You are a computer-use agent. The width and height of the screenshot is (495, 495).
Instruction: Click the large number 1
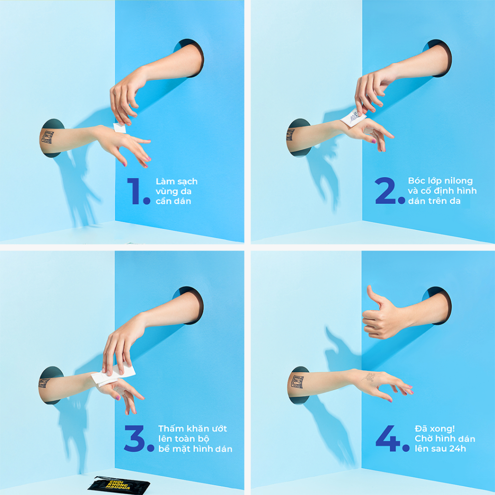click(x=134, y=190)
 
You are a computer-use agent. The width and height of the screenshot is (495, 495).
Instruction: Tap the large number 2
click(x=385, y=190)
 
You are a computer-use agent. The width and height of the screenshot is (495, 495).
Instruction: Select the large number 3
click(x=135, y=438)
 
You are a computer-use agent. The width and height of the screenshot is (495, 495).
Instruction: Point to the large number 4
click(x=388, y=438)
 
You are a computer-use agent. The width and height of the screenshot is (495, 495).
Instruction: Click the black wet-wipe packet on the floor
click(x=119, y=485)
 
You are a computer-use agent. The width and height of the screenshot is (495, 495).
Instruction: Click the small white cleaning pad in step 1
click(x=120, y=128)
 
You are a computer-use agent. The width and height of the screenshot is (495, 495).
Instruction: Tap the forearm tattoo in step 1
click(x=47, y=137)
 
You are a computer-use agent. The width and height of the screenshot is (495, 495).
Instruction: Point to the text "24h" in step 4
click(x=458, y=449)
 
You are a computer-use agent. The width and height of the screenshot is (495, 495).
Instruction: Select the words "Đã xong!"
click(x=435, y=428)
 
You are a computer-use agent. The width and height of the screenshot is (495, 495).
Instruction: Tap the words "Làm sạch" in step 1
click(x=176, y=182)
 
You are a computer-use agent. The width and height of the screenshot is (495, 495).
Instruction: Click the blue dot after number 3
click(x=151, y=448)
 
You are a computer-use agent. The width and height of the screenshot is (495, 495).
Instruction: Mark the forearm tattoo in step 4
click(x=297, y=382)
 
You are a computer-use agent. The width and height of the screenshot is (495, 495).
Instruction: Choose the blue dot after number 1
click(x=146, y=200)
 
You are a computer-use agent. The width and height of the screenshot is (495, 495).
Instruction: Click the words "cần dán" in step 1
click(x=174, y=201)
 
